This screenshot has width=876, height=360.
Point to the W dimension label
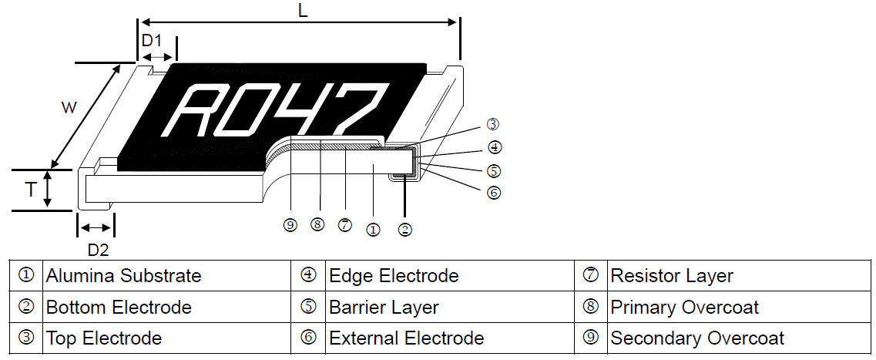(68, 108)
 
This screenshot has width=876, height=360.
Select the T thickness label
(30, 189)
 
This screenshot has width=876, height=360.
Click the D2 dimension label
(97, 250)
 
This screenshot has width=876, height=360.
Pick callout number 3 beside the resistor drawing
(493, 124)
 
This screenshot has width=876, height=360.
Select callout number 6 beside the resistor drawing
(494, 193)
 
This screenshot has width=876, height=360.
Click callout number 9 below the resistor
(290, 225)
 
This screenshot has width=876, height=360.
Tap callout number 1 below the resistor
(373, 229)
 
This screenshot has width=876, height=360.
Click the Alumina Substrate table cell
(123, 275)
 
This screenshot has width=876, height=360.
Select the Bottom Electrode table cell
(119, 307)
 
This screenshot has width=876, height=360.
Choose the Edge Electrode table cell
(393, 275)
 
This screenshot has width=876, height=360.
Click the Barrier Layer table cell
(383, 307)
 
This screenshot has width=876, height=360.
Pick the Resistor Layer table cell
(671, 275)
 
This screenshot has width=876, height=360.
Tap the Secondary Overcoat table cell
(696, 338)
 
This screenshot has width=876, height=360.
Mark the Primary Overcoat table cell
(684, 307)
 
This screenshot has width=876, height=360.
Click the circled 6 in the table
(308, 338)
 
